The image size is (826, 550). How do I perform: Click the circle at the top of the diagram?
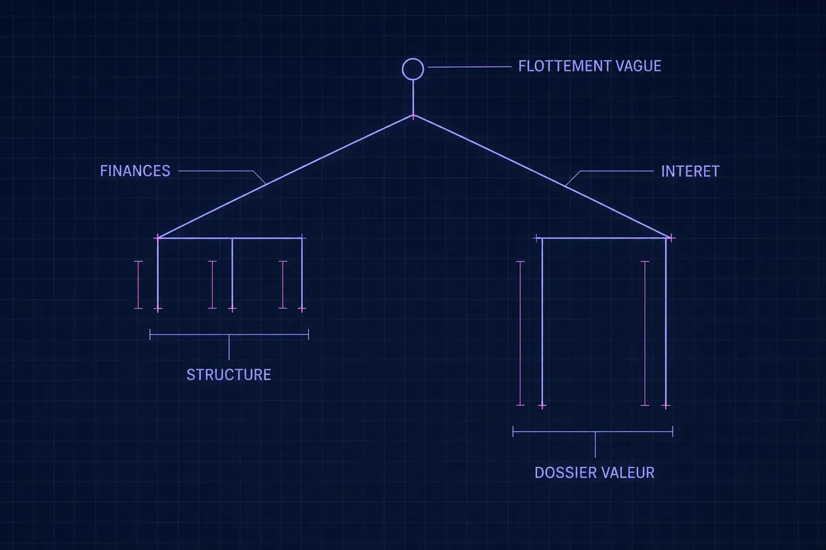coord(413,58)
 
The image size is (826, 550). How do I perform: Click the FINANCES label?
coord(135,171)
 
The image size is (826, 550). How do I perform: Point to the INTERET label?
coord(690,171)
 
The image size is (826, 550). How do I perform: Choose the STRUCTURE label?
coord(229,375)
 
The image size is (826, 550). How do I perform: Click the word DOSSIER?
coord(565,472)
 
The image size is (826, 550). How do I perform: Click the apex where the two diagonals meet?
coord(413,116)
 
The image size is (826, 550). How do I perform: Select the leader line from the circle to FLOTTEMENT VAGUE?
coord(469,67)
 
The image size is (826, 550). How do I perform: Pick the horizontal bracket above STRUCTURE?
coord(229,335)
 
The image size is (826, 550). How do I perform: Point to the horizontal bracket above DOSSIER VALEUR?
coord(593,431)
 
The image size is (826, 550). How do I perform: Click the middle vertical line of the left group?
coord(232,274)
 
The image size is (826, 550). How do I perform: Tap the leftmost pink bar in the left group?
coord(138,285)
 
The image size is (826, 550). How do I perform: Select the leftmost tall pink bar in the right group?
coord(520,333)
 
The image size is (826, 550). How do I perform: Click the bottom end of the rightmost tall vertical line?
coord(666,406)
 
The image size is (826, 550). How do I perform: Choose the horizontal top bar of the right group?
coord(604,239)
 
